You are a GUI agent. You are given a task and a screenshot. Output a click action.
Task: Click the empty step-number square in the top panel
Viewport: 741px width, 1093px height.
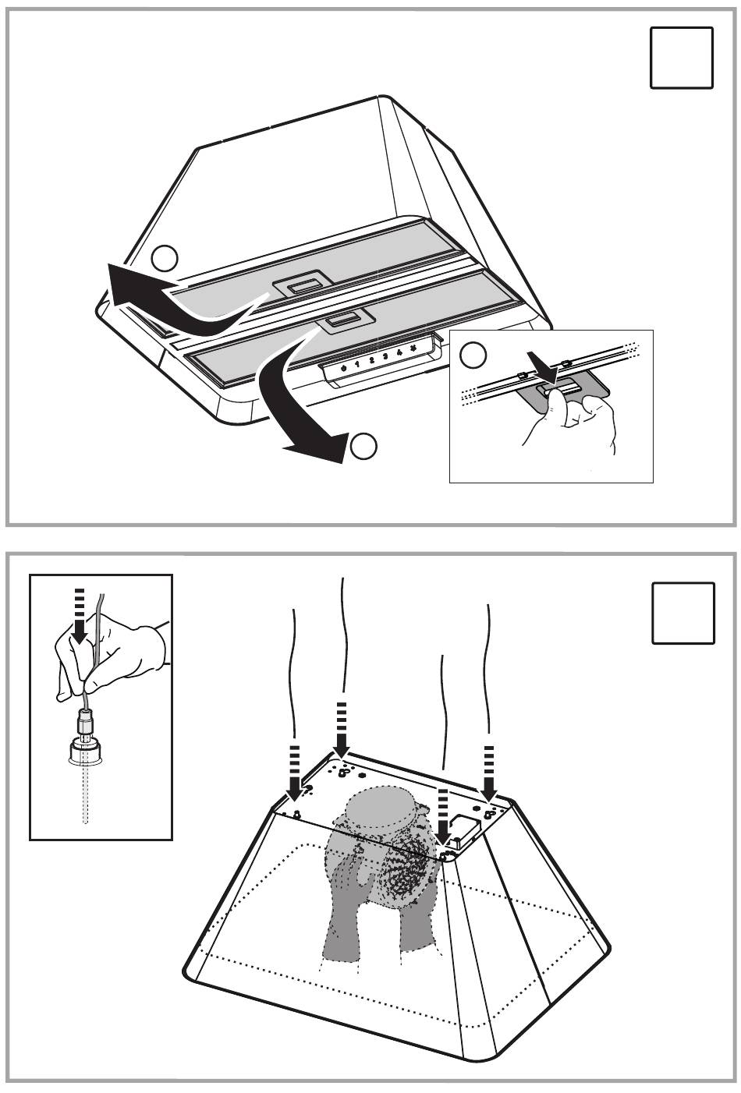pos(681,57)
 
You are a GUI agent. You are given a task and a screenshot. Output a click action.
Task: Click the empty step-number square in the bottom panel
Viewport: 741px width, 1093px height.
pos(683,613)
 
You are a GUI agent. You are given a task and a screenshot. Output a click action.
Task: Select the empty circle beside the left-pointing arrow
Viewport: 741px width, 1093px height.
pos(165,256)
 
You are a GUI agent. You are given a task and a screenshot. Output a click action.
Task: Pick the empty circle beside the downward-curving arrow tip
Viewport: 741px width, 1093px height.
pos(364,447)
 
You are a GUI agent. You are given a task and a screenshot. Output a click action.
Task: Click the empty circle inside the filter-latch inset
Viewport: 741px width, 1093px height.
pos(473,355)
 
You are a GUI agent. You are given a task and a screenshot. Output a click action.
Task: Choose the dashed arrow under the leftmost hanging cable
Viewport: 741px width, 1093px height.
pos(294,773)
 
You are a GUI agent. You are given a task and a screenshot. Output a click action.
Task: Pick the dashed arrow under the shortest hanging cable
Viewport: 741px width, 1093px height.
pos(445,815)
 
